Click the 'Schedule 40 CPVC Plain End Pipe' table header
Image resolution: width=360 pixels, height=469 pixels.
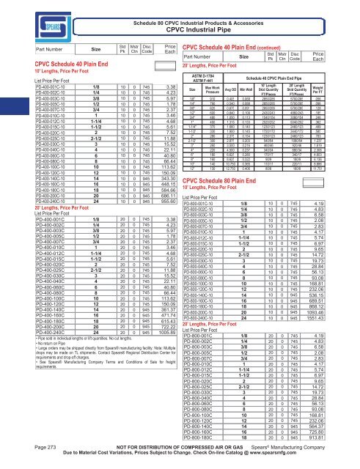(x=283, y=97)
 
